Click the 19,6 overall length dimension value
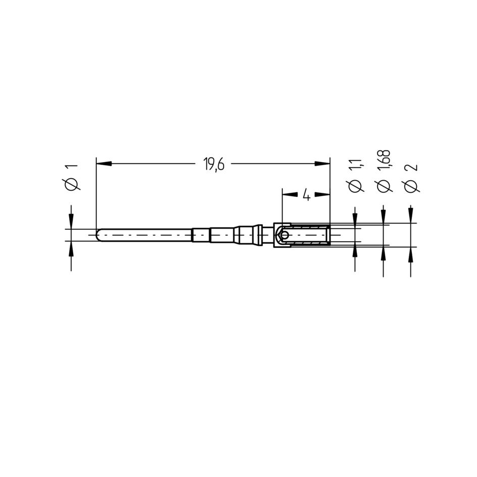click(214, 165)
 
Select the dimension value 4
click(307, 195)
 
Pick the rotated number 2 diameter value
click(411, 168)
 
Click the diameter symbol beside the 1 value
click(71, 185)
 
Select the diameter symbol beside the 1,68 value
click(383, 186)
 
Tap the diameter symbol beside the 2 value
click(411, 186)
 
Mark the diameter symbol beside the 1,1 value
click(355, 186)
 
